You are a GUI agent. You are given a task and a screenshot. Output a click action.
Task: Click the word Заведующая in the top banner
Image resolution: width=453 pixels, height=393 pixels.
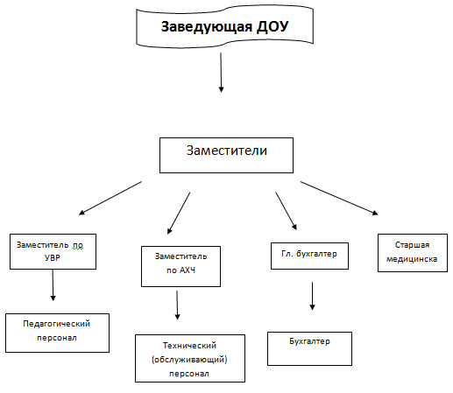click(x=207, y=27)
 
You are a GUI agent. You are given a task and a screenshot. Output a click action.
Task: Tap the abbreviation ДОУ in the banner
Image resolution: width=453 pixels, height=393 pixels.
click(x=273, y=26)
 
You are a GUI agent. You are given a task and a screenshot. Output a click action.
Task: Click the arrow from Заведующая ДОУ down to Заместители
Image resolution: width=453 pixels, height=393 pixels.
click(x=221, y=73)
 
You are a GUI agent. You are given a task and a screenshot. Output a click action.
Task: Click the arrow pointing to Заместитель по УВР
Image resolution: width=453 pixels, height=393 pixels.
click(x=110, y=198)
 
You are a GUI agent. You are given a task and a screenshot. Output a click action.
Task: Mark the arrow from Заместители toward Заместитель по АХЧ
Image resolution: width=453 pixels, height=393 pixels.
click(x=179, y=213)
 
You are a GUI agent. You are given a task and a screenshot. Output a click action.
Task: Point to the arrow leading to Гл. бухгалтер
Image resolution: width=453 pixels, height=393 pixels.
click(x=286, y=211)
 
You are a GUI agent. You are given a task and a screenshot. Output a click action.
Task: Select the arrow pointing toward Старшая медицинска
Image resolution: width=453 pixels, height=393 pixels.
click(x=339, y=198)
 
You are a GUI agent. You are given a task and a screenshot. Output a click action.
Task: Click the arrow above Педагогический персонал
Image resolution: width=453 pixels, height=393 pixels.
click(x=53, y=285)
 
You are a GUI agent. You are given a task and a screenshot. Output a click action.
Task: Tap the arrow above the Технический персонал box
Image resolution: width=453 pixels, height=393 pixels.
click(x=177, y=305)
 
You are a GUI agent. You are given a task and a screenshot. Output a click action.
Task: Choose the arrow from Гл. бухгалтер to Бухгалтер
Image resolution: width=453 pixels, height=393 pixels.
click(x=312, y=296)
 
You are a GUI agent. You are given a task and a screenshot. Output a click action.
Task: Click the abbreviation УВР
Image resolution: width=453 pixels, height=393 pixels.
click(x=53, y=258)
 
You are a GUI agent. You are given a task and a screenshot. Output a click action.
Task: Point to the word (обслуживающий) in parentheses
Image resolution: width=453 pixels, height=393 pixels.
click(x=189, y=360)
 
